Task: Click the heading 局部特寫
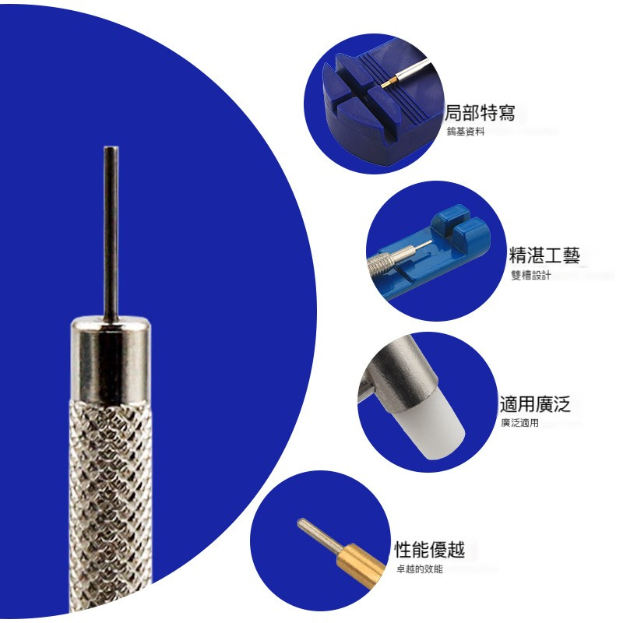[480, 113]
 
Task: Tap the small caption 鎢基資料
[466, 132]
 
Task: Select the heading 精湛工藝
[544, 255]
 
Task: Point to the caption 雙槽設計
[530, 275]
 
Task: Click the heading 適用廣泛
[535, 403]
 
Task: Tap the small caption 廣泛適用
[519, 423]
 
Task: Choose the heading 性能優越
[430, 550]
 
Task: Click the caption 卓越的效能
[419, 569]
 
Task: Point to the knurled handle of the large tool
[111, 507]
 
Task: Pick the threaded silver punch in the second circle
[393, 259]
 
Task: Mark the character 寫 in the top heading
[507, 113]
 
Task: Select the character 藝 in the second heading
[572, 255]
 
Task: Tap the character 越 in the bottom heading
[456, 550]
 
